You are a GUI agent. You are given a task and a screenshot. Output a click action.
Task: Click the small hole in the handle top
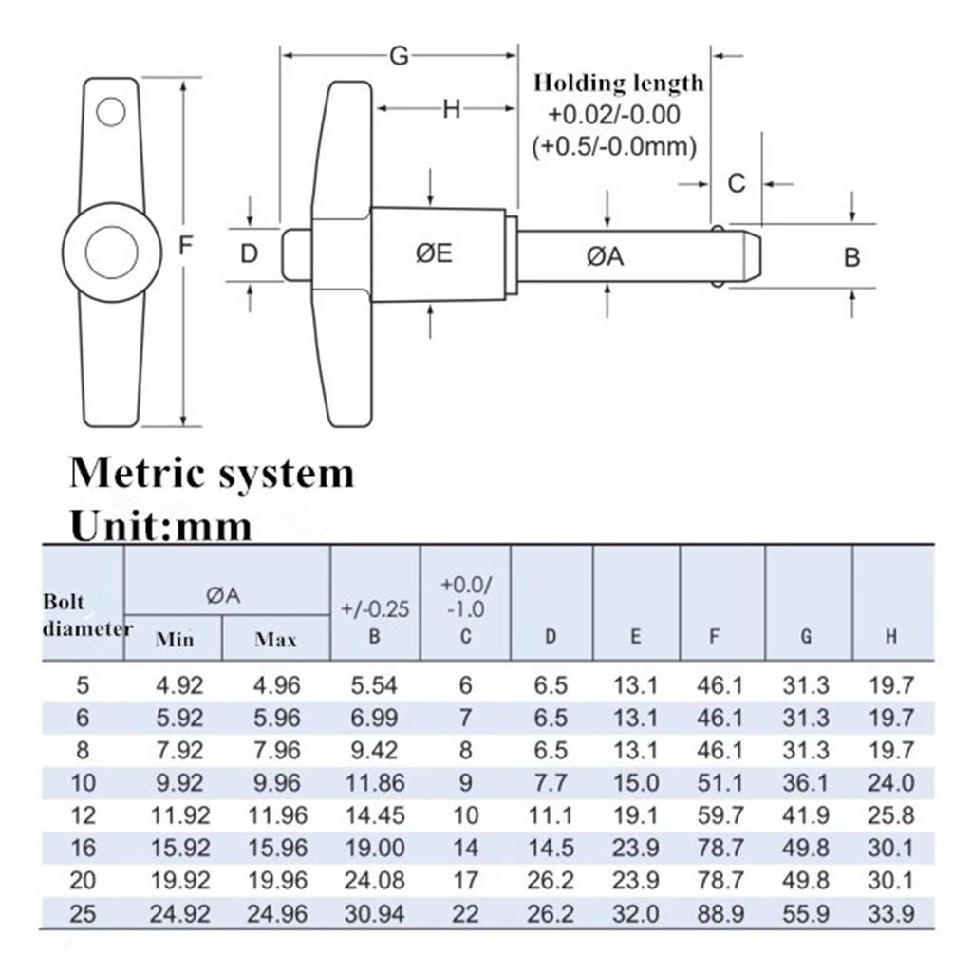click(110, 113)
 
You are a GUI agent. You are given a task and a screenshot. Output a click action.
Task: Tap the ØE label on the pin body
click(435, 253)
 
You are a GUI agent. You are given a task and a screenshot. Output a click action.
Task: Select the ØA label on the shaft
click(605, 255)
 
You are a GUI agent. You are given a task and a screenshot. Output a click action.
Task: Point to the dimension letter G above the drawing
click(400, 56)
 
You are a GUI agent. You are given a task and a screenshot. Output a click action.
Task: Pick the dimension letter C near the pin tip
click(737, 183)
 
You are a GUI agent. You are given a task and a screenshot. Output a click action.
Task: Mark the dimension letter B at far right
click(851, 256)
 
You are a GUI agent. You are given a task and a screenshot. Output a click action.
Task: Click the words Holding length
click(618, 84)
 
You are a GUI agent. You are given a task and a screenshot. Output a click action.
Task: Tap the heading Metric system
click(212, 472)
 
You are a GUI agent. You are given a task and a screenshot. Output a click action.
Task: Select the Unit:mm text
click(161, 525)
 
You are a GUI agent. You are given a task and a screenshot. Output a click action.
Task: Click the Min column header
click(175, 639)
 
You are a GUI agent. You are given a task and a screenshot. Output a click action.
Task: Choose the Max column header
click(275, 639)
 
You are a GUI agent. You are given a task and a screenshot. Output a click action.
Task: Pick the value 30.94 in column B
click(374, 914)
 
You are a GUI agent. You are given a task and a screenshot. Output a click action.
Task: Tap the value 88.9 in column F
click(720, 914)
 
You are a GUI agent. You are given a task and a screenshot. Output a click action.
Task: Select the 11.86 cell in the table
click(374, 783)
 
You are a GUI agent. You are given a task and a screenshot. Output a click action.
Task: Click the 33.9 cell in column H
click(890, 914)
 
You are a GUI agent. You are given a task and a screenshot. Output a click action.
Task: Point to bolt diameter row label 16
click(84, 849)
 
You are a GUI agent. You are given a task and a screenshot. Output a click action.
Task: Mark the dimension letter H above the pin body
click(452, 110)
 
